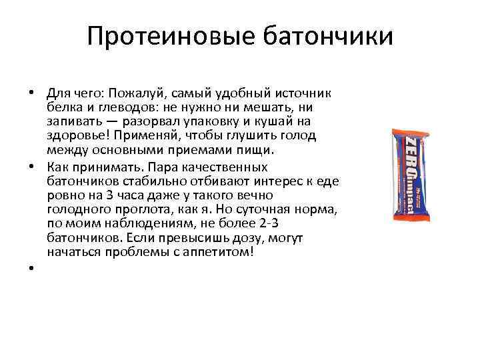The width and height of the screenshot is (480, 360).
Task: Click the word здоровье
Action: coord(76,136)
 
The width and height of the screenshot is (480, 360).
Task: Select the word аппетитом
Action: coord(221,253)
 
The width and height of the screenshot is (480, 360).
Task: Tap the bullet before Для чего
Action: coord(31,93)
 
